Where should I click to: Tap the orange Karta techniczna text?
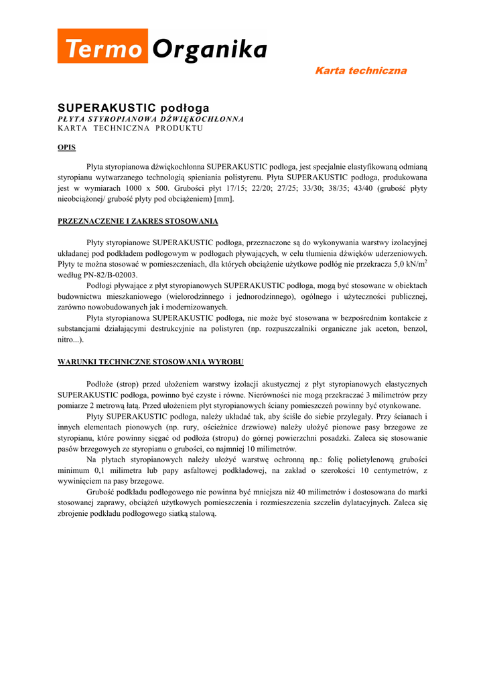[x=360, y=70]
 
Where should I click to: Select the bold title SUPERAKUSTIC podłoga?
[x=133, y=108]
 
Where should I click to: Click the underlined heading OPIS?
[x=66, y=147]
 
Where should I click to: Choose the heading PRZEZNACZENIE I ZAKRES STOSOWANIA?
[x=137, y=221]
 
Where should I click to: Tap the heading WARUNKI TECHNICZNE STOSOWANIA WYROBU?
[x=150, y=362]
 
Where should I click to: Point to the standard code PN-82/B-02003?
[x=109, y=275]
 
